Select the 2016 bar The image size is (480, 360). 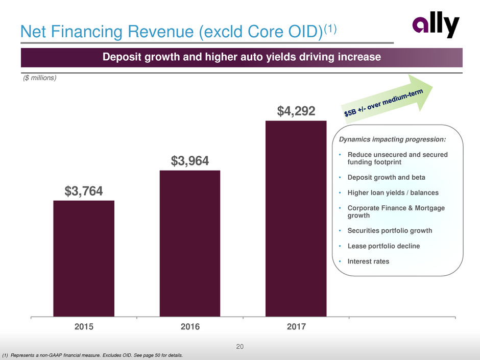tap(190, 243)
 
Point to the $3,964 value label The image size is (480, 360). tap(190, 161)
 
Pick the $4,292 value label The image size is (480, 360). tap(296, 111)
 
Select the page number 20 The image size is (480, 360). tap(240, 347)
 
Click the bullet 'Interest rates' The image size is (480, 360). tap(368, 261)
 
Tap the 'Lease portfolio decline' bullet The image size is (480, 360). tap(383, 246)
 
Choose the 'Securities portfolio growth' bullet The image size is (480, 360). tap(390, 230)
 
